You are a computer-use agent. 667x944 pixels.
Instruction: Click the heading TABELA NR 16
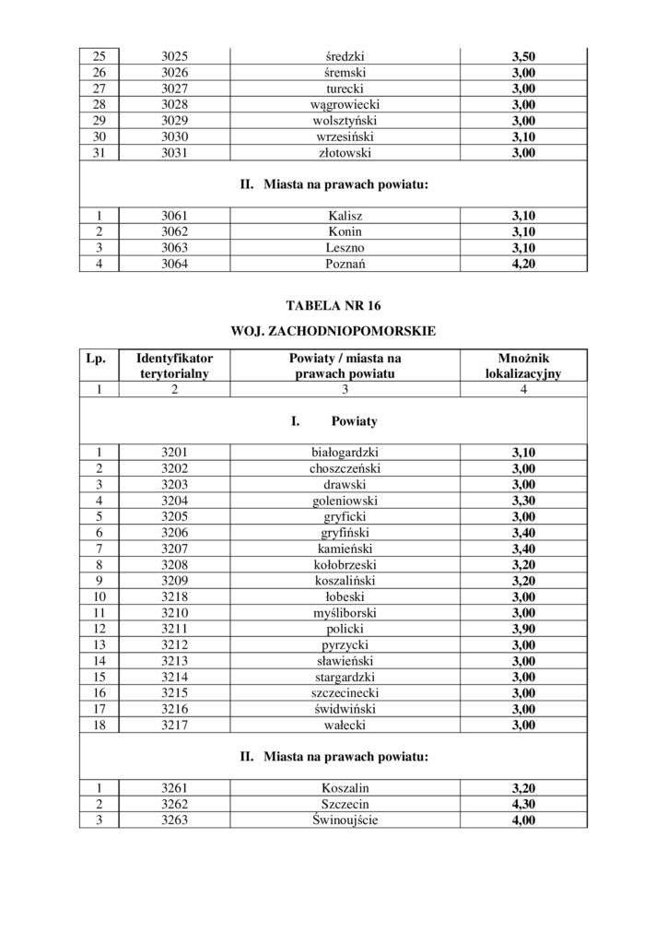333,305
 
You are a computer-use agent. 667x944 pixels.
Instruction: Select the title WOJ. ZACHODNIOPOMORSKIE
333,328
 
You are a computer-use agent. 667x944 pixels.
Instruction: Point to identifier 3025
174,56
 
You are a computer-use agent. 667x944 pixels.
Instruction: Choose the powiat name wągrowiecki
345,105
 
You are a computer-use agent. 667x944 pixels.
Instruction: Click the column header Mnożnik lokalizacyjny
523,365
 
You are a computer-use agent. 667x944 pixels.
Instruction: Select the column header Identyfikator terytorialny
174,365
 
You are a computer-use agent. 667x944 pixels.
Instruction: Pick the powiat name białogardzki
345,452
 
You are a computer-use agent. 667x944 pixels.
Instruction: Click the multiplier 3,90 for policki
523,628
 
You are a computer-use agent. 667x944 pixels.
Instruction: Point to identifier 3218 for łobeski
174,596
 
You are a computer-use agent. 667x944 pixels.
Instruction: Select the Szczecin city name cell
345,805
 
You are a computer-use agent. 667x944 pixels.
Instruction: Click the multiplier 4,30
523,805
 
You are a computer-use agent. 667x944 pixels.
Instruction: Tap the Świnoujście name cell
345,820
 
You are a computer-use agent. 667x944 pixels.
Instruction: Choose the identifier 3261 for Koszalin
174,789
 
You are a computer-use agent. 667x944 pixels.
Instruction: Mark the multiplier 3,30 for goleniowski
523,500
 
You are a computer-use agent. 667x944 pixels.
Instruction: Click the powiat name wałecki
345,725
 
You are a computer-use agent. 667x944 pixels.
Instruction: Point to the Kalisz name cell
345,216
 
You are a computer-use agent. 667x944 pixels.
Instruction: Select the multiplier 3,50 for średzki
523,56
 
